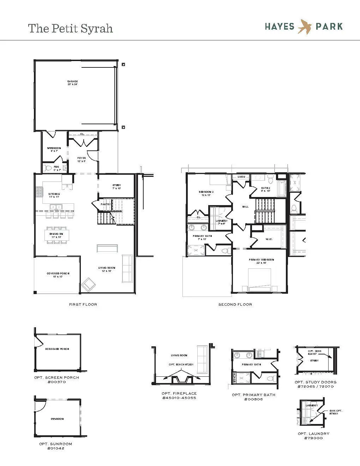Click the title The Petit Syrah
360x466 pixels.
click(71, 29)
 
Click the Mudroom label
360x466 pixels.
click(54, 148)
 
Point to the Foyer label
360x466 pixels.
click(82, 158)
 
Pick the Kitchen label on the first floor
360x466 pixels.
click(54, 194)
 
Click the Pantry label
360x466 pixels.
click(106, 204)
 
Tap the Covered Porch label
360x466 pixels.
click(58, 274)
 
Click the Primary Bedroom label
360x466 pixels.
click(261, 260)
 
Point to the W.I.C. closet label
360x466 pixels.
click(269, 239)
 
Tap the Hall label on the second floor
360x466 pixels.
click(245, 207)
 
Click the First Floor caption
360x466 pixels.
click(83, 304)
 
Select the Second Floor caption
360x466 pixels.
click(235, 304)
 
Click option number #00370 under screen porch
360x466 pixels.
click(56, 382)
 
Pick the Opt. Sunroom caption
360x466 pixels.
click(55, 444)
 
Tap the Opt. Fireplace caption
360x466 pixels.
click(179, 393)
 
